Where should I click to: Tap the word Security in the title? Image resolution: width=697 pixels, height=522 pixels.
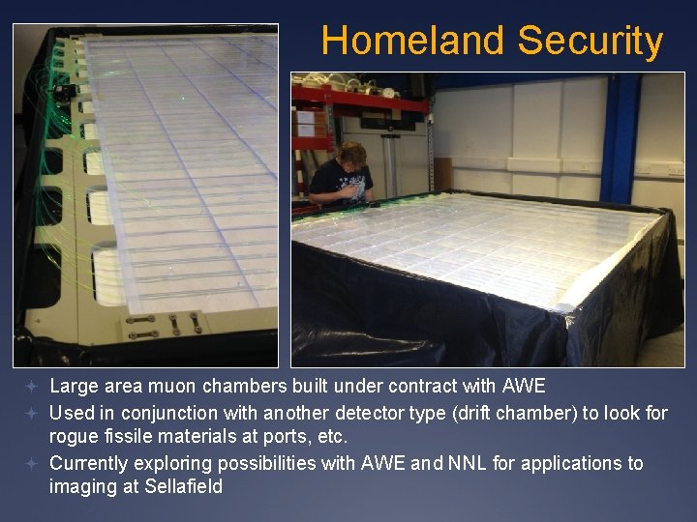(590, 42)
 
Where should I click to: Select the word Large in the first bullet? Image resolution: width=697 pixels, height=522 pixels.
(72, 387)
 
